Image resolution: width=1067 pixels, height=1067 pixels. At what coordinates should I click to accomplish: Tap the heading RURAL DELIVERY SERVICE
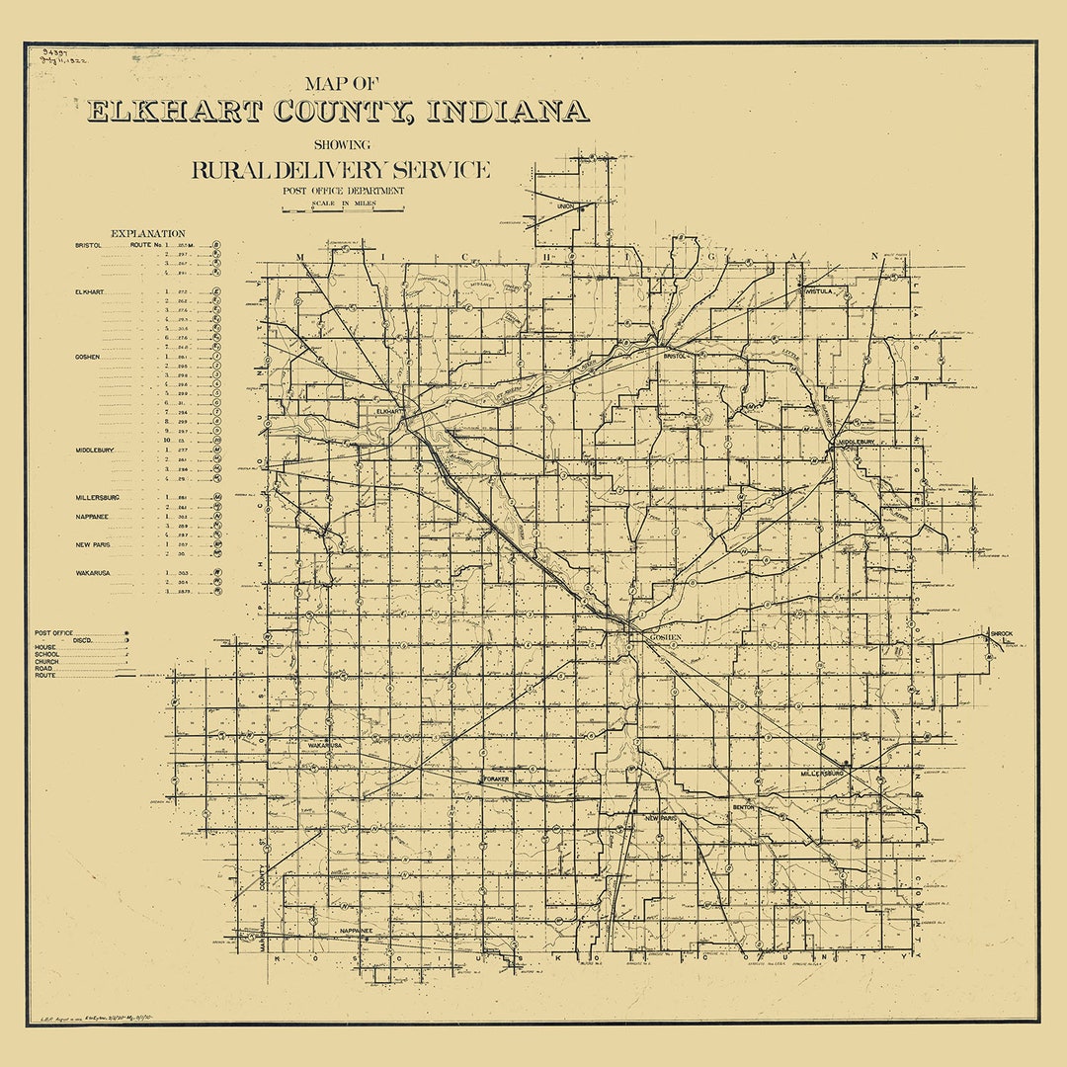click(x=341, y=170)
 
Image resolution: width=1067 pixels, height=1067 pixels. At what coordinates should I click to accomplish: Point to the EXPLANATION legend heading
click(x=148, y=233)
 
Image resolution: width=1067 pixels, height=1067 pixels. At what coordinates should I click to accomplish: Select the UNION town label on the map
click(x=565, y=206)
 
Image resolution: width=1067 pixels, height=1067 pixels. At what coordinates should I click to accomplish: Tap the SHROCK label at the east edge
click(x=1001, y=633)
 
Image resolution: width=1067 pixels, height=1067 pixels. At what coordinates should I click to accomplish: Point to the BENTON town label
click(x=743, y=807)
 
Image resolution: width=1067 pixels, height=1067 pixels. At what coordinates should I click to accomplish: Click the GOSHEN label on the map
click(x=667, y=639)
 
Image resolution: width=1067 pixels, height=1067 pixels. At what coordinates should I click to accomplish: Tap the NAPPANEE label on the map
click(x=355, y=931)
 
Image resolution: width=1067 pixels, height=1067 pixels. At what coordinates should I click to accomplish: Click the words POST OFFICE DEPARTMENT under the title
click(x=343, y=191)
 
